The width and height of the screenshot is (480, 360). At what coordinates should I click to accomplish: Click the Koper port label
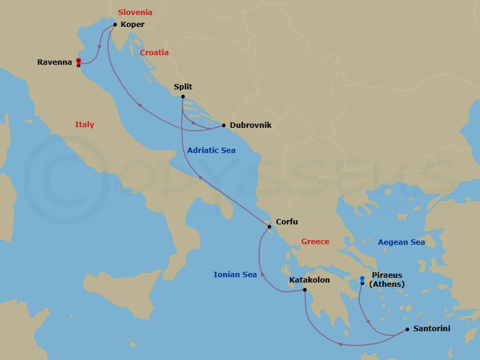click(133, 25)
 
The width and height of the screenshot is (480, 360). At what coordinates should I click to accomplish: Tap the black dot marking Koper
click(115, 25)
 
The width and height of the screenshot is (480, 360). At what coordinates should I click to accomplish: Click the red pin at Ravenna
click(79, 61)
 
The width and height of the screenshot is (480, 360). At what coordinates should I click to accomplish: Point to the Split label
click(183, 87)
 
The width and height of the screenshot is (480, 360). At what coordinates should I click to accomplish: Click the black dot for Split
click(182, 97)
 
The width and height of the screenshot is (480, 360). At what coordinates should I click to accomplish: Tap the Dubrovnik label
click(250, 125)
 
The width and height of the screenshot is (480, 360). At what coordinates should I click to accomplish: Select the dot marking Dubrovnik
click(224, 125)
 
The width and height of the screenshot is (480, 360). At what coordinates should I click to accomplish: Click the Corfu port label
click(287, 222)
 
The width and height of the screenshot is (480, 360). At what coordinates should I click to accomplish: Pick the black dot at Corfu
click(269, 226)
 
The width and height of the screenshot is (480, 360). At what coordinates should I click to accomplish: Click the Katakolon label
click(309, 280)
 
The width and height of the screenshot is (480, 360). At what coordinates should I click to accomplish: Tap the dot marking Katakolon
click(305, 290)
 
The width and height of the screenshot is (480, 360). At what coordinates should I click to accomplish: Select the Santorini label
click(431, 329)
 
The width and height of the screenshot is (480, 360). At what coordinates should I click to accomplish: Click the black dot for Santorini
click(407, 329)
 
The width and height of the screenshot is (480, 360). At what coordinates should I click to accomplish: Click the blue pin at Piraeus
click(362, 278)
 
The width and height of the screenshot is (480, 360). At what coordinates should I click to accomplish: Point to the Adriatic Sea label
click(211, 151)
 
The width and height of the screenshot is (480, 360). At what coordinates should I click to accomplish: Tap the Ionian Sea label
click(235, 275)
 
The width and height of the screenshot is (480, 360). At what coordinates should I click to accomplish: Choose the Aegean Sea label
click(401, 242)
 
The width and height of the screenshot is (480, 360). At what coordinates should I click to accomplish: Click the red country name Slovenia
click(135, 12)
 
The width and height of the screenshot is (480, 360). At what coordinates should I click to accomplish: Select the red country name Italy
click(85, 125)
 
